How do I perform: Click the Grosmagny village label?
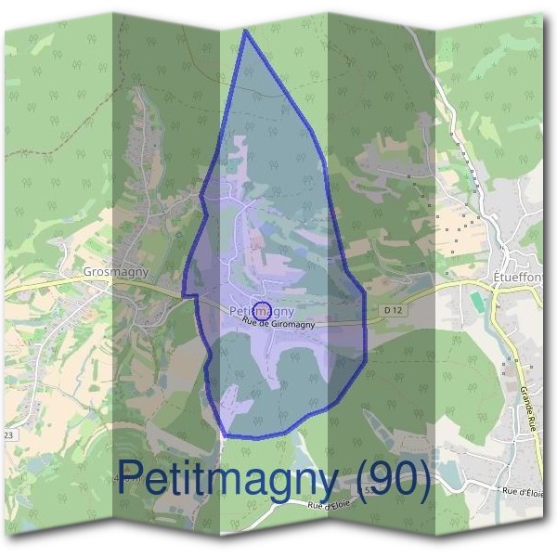coord(115,272)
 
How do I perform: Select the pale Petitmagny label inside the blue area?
coord(261,309)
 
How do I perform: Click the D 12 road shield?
coord(394,309)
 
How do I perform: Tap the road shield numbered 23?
coord(10,434)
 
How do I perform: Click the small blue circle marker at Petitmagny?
coord(261,310)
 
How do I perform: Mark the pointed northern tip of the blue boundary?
coord(245,31)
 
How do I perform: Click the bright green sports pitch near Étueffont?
coord(477,303)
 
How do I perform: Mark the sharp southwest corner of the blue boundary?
coord(225,434)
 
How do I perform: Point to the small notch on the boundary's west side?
coord(186,295)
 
